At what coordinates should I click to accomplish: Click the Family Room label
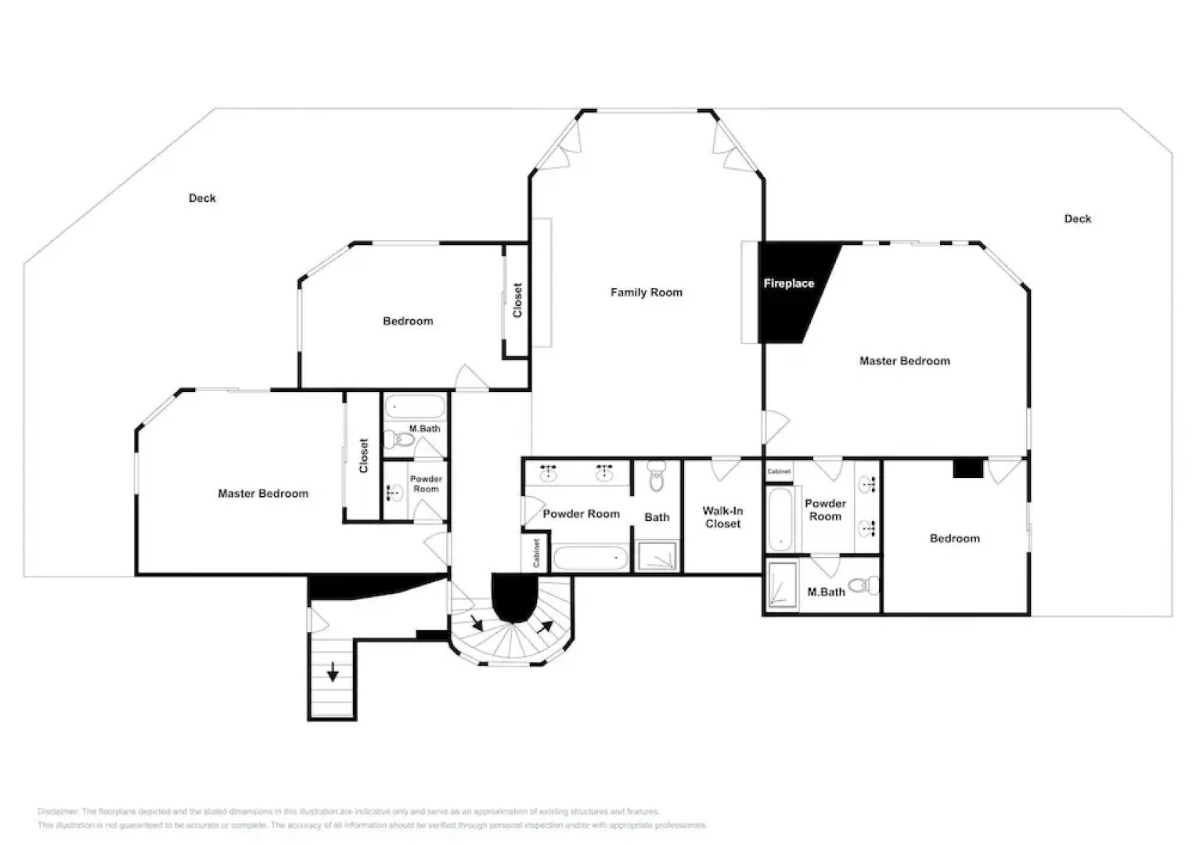[x=646, y=292]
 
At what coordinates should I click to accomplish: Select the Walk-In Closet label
[x=722, y=517]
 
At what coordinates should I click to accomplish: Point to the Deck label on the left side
[x=202, y=198]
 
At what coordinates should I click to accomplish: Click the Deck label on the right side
[x=1077, y=218]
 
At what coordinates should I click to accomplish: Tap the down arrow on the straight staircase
[x=333, y=671]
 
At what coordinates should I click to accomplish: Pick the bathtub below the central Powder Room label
[x=591, y=559]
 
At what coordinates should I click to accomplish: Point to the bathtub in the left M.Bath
[x=415, y=408]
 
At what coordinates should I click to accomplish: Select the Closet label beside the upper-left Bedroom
[x=517, y=300]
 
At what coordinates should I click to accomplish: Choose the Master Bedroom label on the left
[x=263, y=493]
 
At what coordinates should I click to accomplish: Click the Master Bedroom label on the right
[x=904, y=361]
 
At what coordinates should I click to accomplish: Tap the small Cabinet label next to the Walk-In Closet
[x=779, y=471]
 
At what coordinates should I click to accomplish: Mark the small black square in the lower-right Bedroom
[x=967, y=468]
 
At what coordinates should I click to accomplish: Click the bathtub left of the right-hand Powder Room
[x=780, y=520]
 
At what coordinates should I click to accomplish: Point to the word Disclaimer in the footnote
[x=58, y=811]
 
